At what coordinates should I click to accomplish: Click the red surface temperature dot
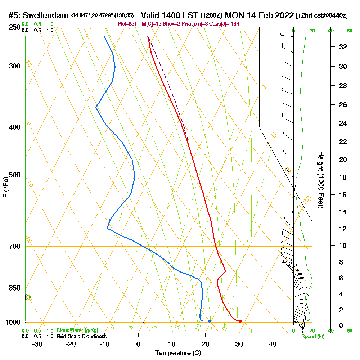(240, 321)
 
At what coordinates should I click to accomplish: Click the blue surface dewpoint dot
(209, 321)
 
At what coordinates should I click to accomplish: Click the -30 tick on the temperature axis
(37, 344)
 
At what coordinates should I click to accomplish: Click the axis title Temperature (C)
(178, 353)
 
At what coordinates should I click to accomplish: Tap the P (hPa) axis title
(5, 187)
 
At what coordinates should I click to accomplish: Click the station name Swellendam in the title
(45, 15)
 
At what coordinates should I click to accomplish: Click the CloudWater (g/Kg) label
(77, 330)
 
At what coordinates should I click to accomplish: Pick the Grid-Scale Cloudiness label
(81, 336)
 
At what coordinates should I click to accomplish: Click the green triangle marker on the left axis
(27, 297)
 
